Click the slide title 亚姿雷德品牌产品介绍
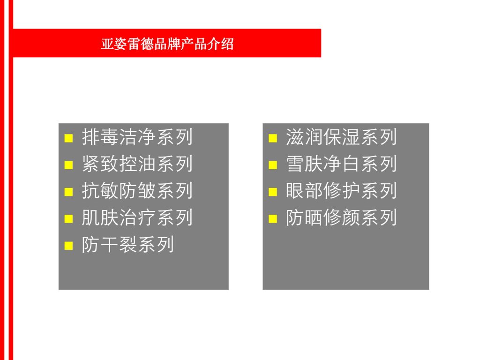point(167,44)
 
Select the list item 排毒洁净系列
point(137,137)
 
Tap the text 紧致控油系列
point(137,164)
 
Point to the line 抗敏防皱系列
point(137,191)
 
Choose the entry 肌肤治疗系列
point(137,217)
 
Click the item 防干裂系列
point(128,245)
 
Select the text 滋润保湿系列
point(341,137)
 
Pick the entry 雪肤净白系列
point(341,164)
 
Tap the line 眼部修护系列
point(341,191)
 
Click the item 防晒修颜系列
point(341,217)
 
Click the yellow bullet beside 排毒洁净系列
point(68,138)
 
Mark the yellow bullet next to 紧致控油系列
point(68,165)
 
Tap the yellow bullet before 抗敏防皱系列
point(68,192)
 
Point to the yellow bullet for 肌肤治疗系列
point(68,219)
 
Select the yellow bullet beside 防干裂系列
point(68,246)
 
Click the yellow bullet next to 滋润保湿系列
point(273,138)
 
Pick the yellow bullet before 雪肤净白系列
point(273,165)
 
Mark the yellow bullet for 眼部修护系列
point(273,192)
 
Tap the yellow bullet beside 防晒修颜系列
point(273,219)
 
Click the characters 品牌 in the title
point(167,44)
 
